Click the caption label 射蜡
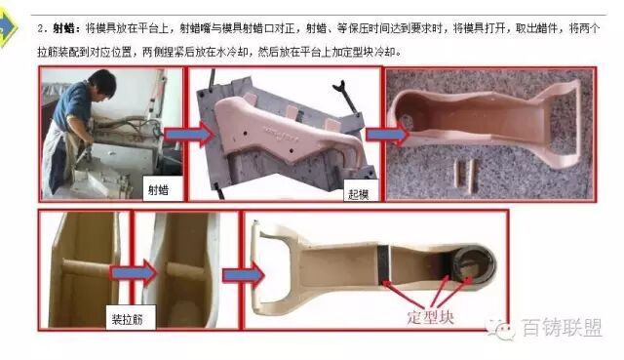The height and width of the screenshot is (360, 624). coord(158,188)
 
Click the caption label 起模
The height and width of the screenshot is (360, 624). coord(358,193)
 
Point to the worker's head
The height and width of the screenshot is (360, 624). coord(100,82)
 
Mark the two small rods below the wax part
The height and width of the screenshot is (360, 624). coord(464,169)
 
